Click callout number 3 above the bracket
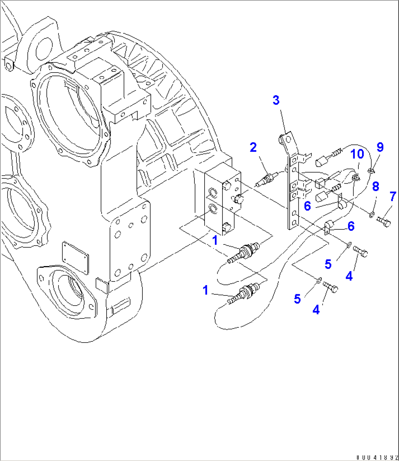point(276,100)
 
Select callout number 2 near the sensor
point(253,147)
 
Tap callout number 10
point(358,154)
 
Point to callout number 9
point(380,147)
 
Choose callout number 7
point(392,197)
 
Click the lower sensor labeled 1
point(244,293)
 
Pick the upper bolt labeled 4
point(361,252)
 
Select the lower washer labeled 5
point(319,281)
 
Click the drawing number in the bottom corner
point(377,457)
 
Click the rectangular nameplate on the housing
point(75,258)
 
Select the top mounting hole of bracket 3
point(288,140)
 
